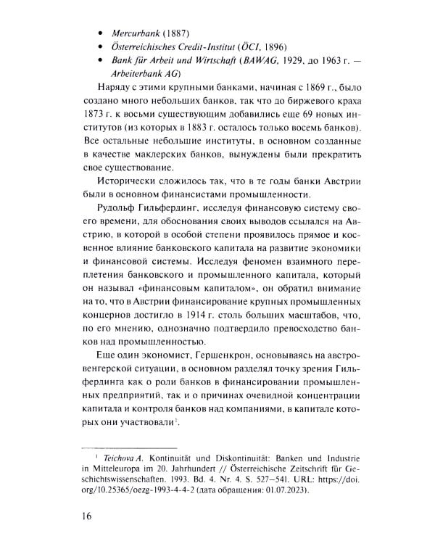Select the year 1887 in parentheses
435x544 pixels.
point(176,33)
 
